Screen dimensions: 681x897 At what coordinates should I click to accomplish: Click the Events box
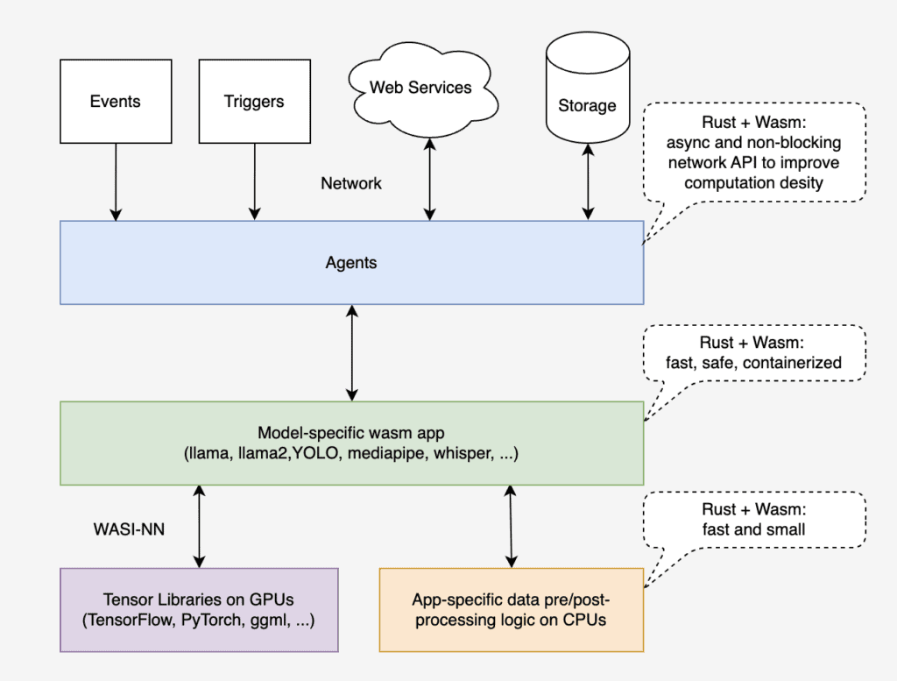[x=115, y=101]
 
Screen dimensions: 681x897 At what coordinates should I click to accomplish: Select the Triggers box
[x=254, y=101]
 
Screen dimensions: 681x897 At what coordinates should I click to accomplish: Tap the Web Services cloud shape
[x=420, y=88]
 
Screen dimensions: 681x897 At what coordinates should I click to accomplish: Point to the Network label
[x=351, y=183]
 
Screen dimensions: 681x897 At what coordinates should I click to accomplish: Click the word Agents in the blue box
[x=351, y=263]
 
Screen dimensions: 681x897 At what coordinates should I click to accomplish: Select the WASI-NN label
[x=130, y=529]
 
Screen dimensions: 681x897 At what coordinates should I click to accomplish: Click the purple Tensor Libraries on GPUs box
[x=199, y=610]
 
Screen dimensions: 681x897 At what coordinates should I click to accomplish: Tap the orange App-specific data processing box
[x=511, y=610]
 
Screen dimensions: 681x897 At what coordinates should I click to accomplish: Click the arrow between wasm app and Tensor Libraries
[x=200, y=526]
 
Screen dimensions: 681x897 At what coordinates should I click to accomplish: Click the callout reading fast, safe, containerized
[x=753, y=352]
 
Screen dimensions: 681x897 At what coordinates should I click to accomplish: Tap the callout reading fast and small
[x=753, y=520]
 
